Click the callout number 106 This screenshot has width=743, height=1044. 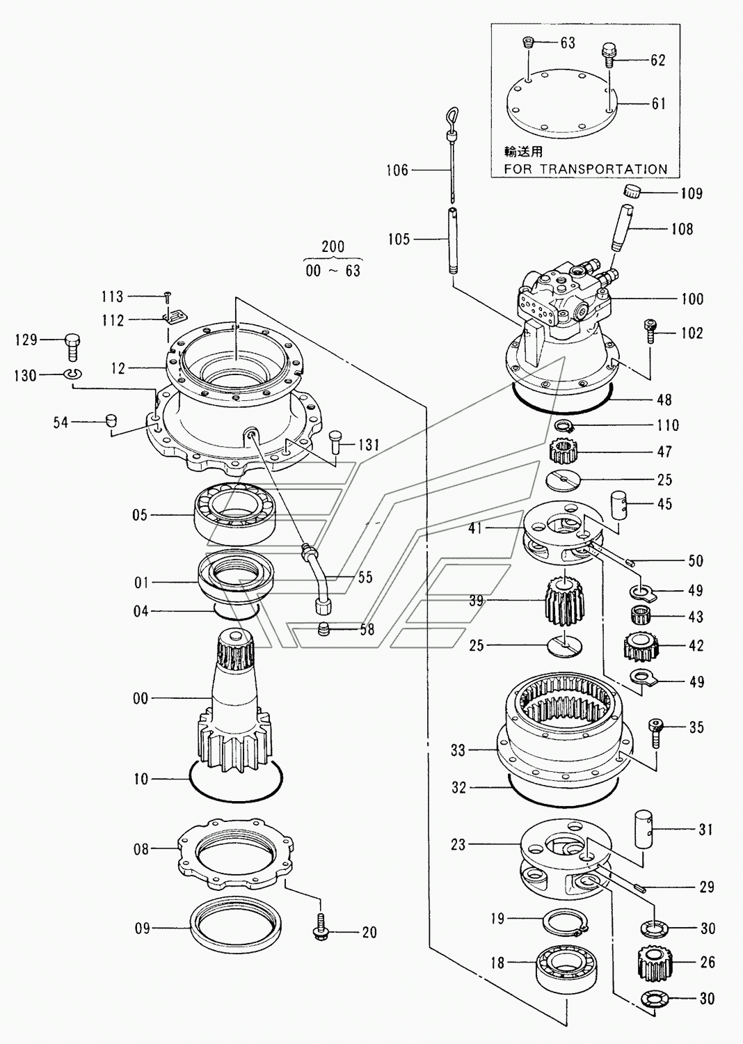397,171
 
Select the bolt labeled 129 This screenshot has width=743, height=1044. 72,347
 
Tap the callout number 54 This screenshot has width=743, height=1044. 61,422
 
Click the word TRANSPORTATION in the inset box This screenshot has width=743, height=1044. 604,168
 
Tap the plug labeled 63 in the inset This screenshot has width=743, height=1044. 526,43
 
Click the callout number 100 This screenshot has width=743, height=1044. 692,299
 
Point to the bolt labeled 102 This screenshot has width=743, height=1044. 649,331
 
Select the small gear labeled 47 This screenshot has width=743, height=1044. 564,452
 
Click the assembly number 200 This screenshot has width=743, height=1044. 333,246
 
